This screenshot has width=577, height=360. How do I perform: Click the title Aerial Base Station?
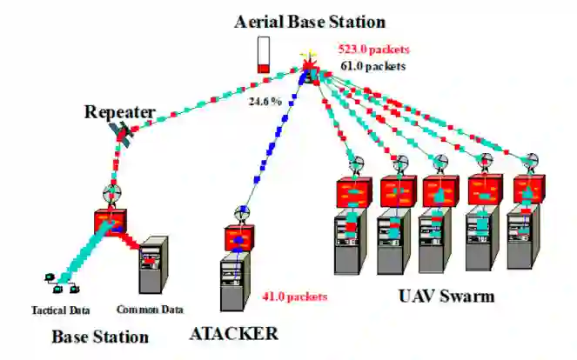pos(309,20)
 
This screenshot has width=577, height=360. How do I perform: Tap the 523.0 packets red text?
pos(373,49)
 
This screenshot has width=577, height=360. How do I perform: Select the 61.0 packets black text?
pos(372,64)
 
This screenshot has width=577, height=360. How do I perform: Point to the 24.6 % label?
pos(265,102)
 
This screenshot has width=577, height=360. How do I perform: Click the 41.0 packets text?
pos(294,297)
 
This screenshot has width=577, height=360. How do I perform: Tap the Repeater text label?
pos(119,112)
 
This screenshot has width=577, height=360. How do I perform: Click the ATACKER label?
pos(233,333)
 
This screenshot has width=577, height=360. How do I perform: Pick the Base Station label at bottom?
pos(99,337)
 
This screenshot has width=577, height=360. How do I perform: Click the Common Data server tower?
pos(155,266)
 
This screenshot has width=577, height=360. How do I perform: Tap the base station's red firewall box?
pos(111,222)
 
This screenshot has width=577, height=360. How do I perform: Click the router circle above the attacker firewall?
pos(241,213)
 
